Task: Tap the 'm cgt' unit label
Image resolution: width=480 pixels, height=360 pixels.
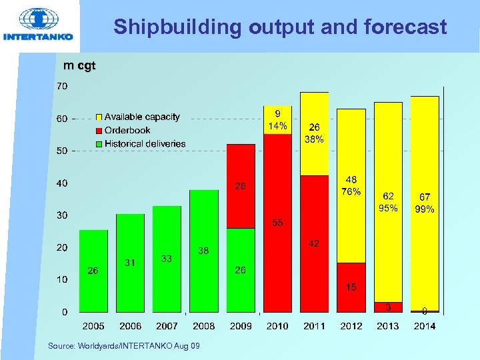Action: [x=79, y=65]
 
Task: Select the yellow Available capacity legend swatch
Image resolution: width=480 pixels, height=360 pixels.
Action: [x=99, y=117]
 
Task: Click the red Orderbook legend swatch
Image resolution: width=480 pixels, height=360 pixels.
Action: [x=99, y=131]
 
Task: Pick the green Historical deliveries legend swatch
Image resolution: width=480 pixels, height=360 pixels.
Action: [x=99, y=143]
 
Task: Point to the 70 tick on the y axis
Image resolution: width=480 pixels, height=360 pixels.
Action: [x=61, y=86]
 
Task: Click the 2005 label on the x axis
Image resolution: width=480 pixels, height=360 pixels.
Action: [x=93, y=326]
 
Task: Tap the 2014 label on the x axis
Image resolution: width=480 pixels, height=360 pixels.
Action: [x=424, y=326]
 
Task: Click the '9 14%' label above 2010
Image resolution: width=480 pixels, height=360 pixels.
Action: [x=277, y=119]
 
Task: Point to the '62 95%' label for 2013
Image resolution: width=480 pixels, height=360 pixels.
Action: [x=388, y=202]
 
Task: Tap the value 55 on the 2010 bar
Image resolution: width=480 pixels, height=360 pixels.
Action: [x=277, y=223]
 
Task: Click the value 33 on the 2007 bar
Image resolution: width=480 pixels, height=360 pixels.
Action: [x=167, y=259]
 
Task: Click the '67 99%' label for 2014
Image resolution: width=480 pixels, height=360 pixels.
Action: [x=425, y=203]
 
